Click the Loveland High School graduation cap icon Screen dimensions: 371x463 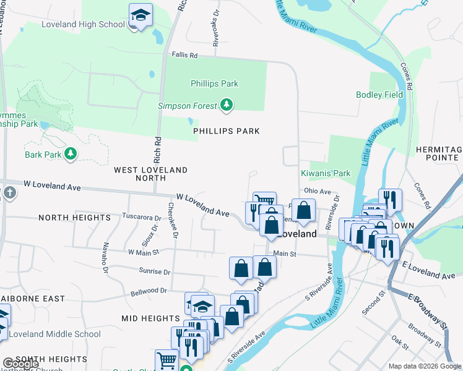click(x=141, y=15)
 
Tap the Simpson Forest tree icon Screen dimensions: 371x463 click(x=227, y=106)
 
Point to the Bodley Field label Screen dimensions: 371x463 click(x=379, y=95)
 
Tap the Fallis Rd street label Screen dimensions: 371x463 click(x=184, y=56)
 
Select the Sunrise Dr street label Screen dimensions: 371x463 click(x=150, y=271)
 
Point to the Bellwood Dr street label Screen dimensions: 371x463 click(x=149, y=291)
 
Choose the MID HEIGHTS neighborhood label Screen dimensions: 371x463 click(x=150, y=318)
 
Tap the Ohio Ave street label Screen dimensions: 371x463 click(x=317, y=191)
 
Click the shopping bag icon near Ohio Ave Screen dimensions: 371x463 click(x=303, y=210)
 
